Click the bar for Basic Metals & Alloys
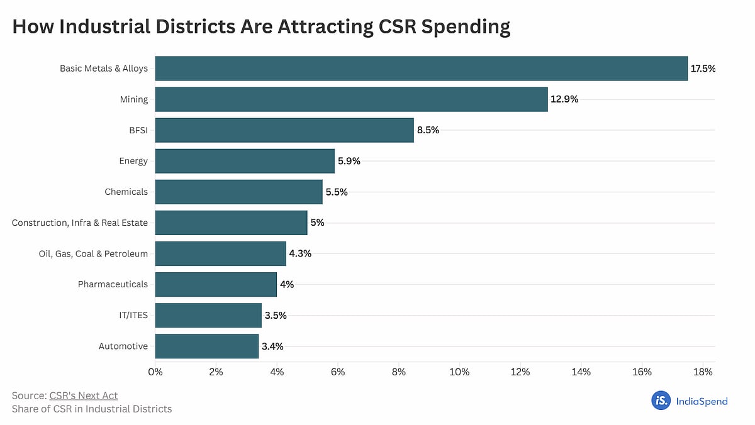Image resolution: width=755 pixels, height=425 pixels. pos(421,69)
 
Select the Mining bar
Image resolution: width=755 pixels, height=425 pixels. pos(351,99)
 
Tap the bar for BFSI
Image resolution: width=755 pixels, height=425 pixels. pos(284,130)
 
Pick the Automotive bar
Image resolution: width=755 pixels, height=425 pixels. pos(206,346)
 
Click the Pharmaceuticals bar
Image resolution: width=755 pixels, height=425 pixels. pos(216,284)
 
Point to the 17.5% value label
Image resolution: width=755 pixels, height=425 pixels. pos(703,69)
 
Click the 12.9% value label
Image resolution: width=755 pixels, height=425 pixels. pos(563,99)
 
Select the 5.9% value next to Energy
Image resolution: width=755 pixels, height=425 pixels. pos(349,161)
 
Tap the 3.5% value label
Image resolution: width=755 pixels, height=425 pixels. pos(276,316)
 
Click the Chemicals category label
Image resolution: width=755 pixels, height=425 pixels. pos(126,192)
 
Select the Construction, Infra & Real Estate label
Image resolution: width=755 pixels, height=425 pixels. pos(80,223)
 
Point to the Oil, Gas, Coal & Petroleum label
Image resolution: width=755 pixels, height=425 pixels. pos(93,253)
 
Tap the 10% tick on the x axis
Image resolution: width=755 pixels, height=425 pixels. pos(459,372)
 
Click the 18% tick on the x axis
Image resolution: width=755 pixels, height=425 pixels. pos(703,372)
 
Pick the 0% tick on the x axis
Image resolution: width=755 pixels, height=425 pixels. pos(155,372)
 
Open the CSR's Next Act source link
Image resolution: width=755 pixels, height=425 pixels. pos(83,395)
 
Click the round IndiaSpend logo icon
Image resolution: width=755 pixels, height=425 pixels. pos(661,400)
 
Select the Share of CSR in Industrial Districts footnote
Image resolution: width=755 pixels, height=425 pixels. pos(92,409)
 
